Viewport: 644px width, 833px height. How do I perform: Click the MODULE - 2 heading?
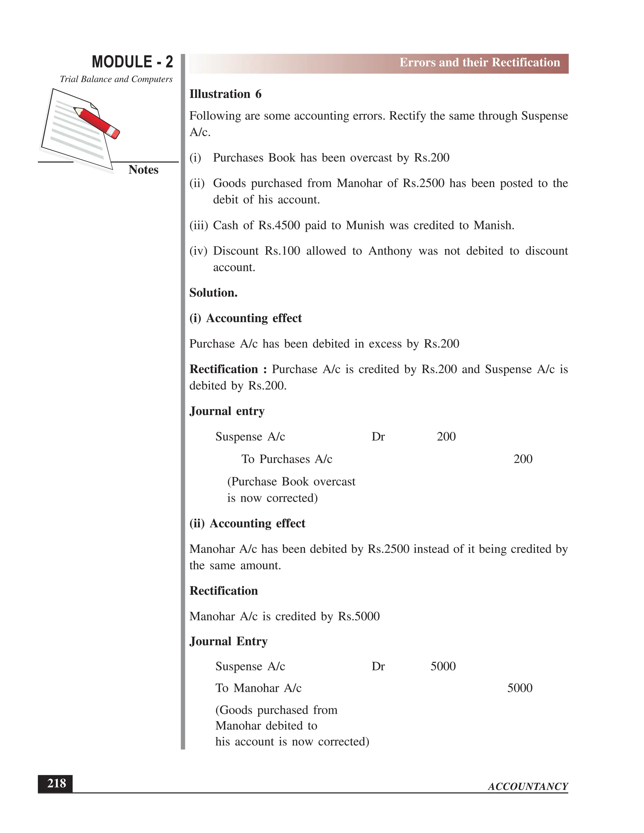click(132, 62)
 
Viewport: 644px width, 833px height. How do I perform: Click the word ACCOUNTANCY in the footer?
click(528, 786)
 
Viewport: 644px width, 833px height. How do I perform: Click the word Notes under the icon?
click(143, 170)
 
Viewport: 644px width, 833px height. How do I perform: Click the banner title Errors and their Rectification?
click(479, 63)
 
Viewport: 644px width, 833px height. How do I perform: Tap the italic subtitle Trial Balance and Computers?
click(116, 79)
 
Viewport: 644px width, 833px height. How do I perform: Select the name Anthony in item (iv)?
click(390, 251)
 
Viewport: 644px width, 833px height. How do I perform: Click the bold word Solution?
click(213, 293)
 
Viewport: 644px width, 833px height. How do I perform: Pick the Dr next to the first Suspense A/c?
click(378, 436)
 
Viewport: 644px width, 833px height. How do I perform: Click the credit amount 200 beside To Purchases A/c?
click(523, 459)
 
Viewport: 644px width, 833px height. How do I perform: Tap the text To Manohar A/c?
click(258, 688)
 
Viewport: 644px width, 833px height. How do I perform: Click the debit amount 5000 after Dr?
click(443, 666)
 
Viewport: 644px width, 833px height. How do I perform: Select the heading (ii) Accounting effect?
click(247, 523)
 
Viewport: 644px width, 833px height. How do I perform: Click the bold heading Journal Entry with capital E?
click(228, 641)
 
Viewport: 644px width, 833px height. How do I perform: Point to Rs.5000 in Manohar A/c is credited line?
click(358, 616)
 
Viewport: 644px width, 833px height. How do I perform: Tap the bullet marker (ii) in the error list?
click(197, 184)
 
